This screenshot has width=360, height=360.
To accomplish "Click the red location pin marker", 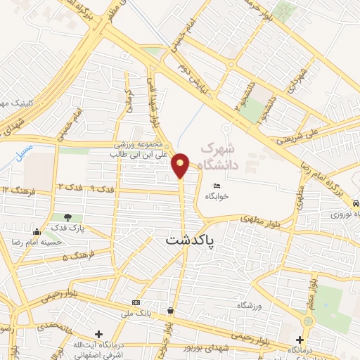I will click(x=180, y=165).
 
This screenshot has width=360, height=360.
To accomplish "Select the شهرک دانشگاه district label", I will click(x=219, y=157).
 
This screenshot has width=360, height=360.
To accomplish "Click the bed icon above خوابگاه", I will click(x=216, y=186).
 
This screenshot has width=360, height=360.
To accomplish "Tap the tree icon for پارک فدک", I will click(x=67, y=218).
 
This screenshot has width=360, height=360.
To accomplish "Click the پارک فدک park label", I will click(x=67, y=229).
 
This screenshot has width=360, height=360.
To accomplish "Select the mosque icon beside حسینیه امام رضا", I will click(x=36, y=231).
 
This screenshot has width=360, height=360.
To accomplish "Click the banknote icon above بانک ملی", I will click(x=135, y=303).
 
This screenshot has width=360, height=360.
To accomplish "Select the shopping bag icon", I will click(x=171, y=310).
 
